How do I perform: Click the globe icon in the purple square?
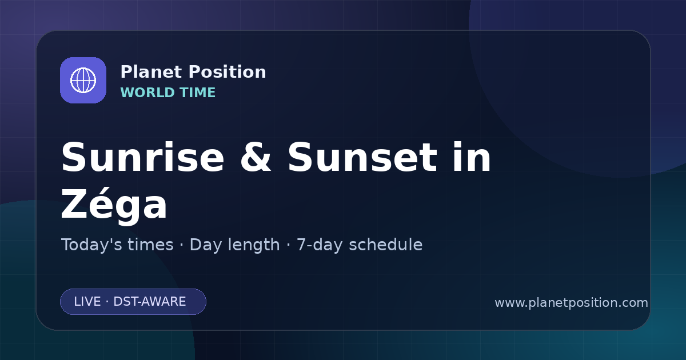83,80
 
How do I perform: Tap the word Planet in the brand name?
151,72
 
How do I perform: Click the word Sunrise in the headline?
143,157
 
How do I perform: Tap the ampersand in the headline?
256,157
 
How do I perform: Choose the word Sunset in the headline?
362,157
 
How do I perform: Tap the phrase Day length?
234,245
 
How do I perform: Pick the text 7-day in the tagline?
320,245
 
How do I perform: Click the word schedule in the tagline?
386,245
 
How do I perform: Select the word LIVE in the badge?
87,302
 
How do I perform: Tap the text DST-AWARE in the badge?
150,302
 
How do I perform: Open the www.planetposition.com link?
572,303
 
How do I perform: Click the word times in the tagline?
150,245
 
